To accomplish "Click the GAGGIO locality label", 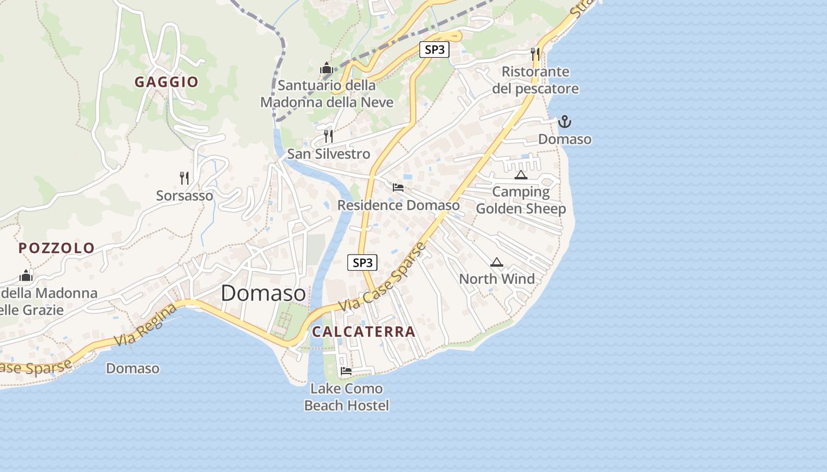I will pos(166,82).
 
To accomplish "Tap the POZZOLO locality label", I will pos(57,248).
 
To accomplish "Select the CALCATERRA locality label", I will pos(364,332).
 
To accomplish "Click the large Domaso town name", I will pos(263,293).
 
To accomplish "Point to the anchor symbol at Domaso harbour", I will pos(565,122).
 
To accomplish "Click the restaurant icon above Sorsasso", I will pos(184,178).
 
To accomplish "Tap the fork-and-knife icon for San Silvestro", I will pos(328,136).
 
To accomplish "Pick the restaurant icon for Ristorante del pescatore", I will pos(535,54).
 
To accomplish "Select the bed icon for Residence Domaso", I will pos(398,188).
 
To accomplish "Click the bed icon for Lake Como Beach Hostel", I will pos(346,371).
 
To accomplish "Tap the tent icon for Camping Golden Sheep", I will pos(520,175).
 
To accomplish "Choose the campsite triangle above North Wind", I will pos(497,262).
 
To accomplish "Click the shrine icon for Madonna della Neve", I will pos(326,68).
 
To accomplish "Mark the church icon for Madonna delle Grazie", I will pos(25,276).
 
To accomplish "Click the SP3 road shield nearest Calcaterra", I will pos(362,263).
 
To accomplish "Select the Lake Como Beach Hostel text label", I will pos(347,397).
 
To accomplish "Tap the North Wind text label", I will pos(497,278).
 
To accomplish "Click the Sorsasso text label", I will pos(184,195).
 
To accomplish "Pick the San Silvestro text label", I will pos(328,154).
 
